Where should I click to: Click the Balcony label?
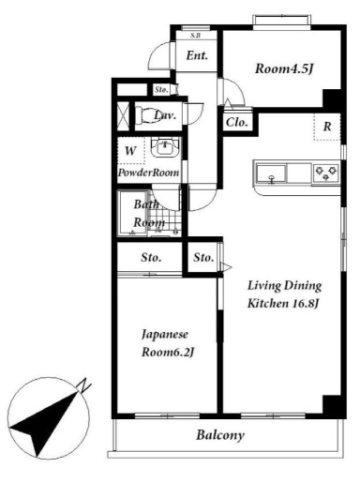[220, 435]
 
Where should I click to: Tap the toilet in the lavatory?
[146, 115]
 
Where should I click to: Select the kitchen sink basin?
[271, 173]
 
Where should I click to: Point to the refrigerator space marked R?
[327, 127]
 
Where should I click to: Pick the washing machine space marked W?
[131, 151]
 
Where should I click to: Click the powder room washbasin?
[165, 148]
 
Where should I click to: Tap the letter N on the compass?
[84, 385]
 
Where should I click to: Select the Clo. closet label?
[237, 123]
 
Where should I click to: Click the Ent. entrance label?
[197, 55]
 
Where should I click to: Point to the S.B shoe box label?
[195, 36]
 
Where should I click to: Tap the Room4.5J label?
[284, 68]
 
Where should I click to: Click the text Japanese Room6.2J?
[168, 343]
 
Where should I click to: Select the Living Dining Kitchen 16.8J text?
[284, 294]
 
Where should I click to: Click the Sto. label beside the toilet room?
[161, 90]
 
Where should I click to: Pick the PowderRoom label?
[148, 173]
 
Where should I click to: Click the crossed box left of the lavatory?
[123, 116]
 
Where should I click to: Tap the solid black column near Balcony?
[333, 405]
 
